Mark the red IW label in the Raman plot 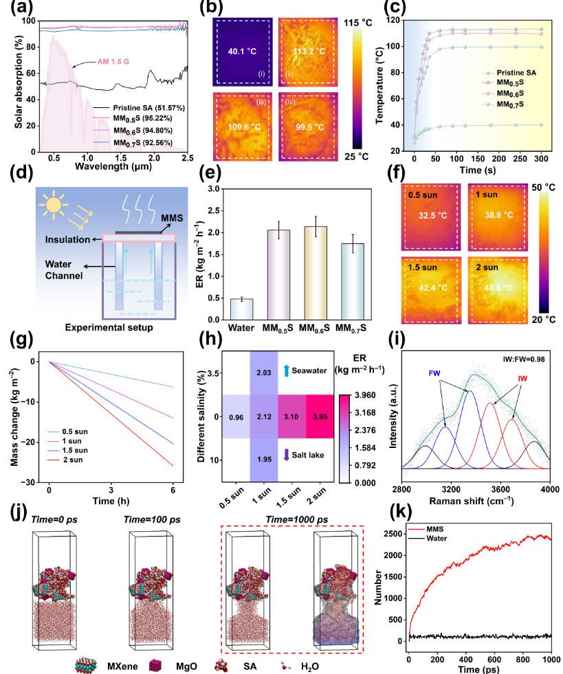pos(523,375)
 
